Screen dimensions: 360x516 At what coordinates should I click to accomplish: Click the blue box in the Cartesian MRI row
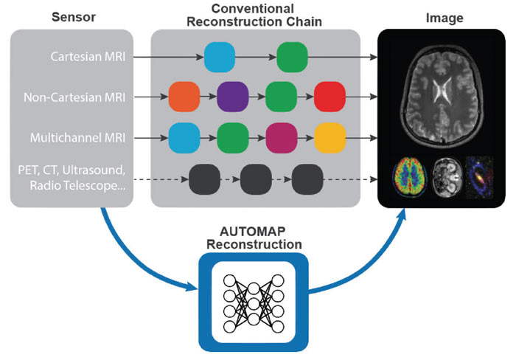pyautogui.click(x=219, y=56)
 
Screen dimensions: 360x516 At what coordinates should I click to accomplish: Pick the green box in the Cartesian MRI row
pyautogui.click(x=292, y=56)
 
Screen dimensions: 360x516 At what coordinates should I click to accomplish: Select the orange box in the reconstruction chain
pyautogui.click(x=184, y=97)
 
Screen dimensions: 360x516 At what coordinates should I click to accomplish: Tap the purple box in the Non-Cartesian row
pyautogui.click(x=232, y=97)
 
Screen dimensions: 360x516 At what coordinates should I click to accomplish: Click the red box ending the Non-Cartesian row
pyautogui.click(x=330, y=97)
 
